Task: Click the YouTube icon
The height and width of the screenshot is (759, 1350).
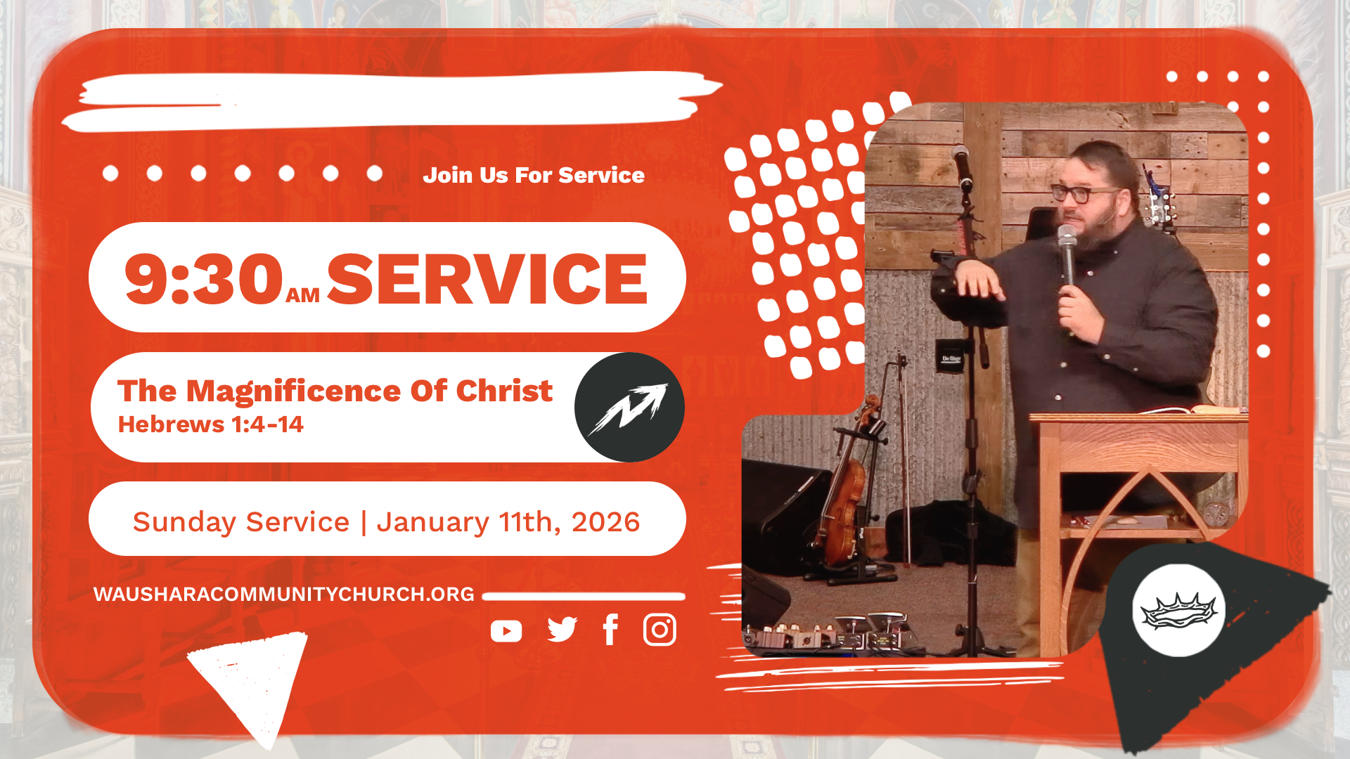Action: (x=506, y=631)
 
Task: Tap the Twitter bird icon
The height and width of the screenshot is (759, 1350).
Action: (x=562, y=630)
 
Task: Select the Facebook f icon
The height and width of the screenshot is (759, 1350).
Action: (x=610, y=630)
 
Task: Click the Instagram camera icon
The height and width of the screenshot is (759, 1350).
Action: (x=660, y=630)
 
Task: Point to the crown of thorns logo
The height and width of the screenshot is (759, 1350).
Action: (x=1178, y=610)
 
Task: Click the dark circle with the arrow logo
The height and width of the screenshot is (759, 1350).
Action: (x=629, y=408)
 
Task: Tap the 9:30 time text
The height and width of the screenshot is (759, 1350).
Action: (x=203, y=279)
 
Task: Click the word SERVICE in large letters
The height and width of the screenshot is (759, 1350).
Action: (x=487, y=279)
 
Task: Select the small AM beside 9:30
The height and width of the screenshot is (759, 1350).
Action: (x=303, y=295)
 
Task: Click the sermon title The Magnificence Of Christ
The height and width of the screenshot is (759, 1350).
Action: (x=335, y=391)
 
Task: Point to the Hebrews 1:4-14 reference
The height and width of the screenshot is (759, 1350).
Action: (x=210, y=424)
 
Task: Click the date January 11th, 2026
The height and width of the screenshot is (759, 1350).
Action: (x=508, y=522)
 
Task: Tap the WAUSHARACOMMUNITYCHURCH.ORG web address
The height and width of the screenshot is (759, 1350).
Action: (x=284, y=595)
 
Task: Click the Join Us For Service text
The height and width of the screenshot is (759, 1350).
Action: (x=534, y=175)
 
